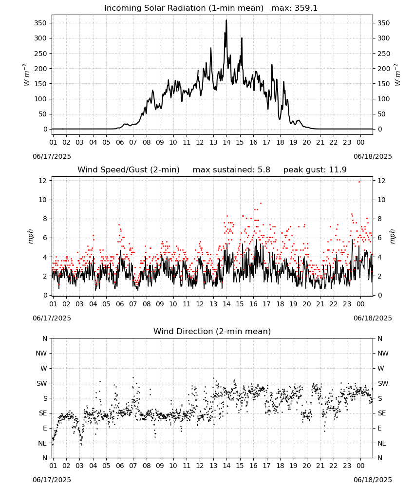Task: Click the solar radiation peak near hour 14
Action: click(x=226, y=20)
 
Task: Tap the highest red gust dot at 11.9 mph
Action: click(x=359, y=182)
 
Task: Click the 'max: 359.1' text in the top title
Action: click(x=295, y=8)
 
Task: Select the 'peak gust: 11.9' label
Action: click(x=315, y=169)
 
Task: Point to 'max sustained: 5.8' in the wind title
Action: click(x=231, y=169)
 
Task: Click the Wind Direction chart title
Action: click(x=212, y=331)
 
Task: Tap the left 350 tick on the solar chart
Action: click(x=40, y=23)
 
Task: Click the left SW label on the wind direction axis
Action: click(x=42, y=383)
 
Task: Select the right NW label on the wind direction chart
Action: click(x=383, y=353)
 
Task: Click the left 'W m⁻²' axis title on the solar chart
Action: click(x=26, y=75)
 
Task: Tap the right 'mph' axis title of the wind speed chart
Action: click(x=392, y=236)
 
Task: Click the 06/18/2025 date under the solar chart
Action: click(x=373, y=156)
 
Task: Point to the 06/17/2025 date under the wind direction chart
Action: click(x=52, y=480)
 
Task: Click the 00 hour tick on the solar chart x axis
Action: click(x=360, y=142)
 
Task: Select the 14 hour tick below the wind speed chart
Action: click(x=226, y=304)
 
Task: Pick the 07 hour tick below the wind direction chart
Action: click(x=133, y=466)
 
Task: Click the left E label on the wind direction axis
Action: click(x=45, y=428)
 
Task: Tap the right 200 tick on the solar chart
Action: click(x=384, y=69)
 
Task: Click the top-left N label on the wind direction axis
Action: click(x=45, y=338)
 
